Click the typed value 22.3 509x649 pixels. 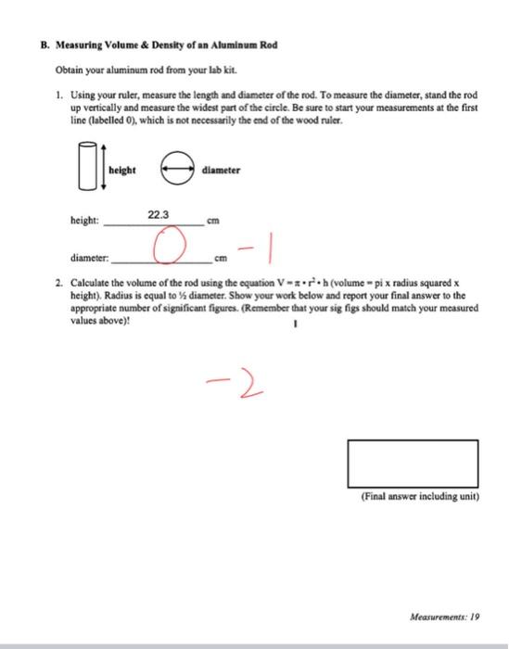(x=159, y=214)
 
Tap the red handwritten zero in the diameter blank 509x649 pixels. (x=166, y=248)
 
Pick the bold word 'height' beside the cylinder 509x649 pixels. (x=122, y=171)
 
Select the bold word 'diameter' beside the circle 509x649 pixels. (x=221, y=171)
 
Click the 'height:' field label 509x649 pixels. (x=84, y=221)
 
